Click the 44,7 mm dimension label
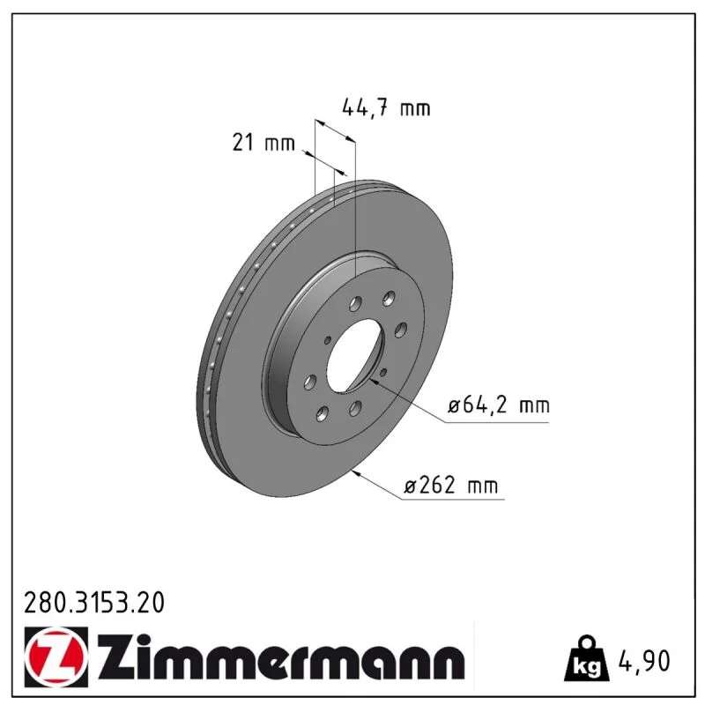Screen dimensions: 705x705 386,108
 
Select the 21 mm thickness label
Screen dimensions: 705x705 263,143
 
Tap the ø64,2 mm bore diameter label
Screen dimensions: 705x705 499,405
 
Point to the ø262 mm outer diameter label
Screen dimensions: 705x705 451,486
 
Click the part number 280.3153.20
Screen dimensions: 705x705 94,603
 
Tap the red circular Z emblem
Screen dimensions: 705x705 56,657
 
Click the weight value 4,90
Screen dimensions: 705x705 644,660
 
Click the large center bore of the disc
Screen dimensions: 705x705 355,355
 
